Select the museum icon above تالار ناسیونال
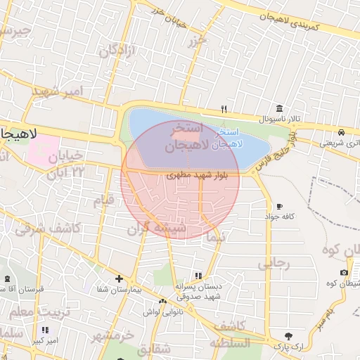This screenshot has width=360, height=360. click(x=280, y=109)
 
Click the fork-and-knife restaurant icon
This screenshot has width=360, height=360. click(x=224, y=109)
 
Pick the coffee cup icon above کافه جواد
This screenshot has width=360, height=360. click(x=280, y=206)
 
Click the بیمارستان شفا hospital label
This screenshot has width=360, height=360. click(x=120, y=289)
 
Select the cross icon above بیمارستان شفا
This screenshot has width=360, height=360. click(x=119, y=278)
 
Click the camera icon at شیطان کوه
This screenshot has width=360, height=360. click(x=344, y=273)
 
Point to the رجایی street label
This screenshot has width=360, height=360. click(x=274, y=264)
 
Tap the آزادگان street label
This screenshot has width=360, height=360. click(x=116, y=51)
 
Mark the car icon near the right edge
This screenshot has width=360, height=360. click(x=341, y=132)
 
